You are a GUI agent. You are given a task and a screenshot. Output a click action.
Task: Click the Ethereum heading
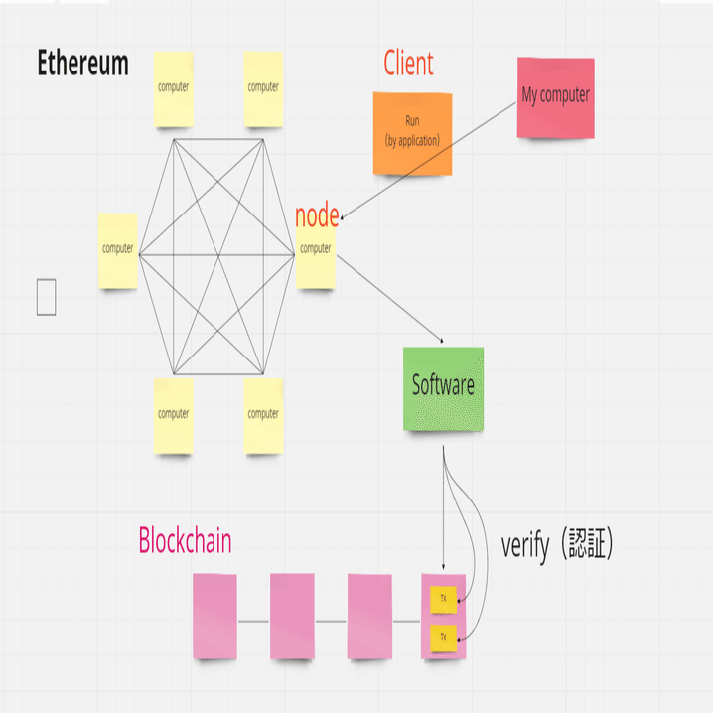pyautogui.click(x=83, y=64)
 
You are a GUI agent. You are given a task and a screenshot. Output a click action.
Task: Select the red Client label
pyautogui.click(x=408, y=64)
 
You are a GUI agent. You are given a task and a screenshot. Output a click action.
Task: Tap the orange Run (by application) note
pyautogui.click(x=412, y=133)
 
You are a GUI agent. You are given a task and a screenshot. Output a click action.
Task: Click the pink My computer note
pyautogui.click(x=555, y=96)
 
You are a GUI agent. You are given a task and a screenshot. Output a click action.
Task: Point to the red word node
pyautogui.click(x=317, y=214)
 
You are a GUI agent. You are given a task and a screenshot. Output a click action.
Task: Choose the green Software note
pyautogui.click(x=443, y=387)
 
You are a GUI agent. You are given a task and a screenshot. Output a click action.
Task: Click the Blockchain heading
pyautogui.click(x=185, y=541)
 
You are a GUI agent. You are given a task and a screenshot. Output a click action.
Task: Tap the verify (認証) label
pyautogui.click(x=557, y=545)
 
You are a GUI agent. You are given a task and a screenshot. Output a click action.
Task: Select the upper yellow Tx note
pyautogui.click(x=443, y=600)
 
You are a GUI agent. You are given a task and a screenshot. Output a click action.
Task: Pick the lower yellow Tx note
pyautogui.click(x=443, y=635)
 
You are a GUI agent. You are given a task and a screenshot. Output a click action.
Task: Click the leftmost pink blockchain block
pyautogui.click(x=214, y=616)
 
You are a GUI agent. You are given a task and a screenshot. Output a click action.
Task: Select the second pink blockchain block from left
pyautogui.click(x=292, y=616)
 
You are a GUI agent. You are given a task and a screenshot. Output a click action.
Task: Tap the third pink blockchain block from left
pyautogui.click(x=369, y=616)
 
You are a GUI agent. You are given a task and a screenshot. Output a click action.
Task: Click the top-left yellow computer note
pyautogui.click(x=173, y=89)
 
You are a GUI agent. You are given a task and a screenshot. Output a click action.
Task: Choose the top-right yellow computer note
pyautogui.click(x=263, y=89)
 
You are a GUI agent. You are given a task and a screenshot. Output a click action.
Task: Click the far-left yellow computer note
pyautogui.click(x=118, y=251)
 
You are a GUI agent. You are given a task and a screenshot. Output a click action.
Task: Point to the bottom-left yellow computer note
pyautogui.click(x=173, y=415)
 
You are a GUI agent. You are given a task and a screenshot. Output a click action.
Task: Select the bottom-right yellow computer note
pyautogui.click(x=263, y=415)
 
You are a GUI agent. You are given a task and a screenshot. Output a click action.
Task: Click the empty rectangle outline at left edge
pyautogui.click(x=46, y=297)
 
